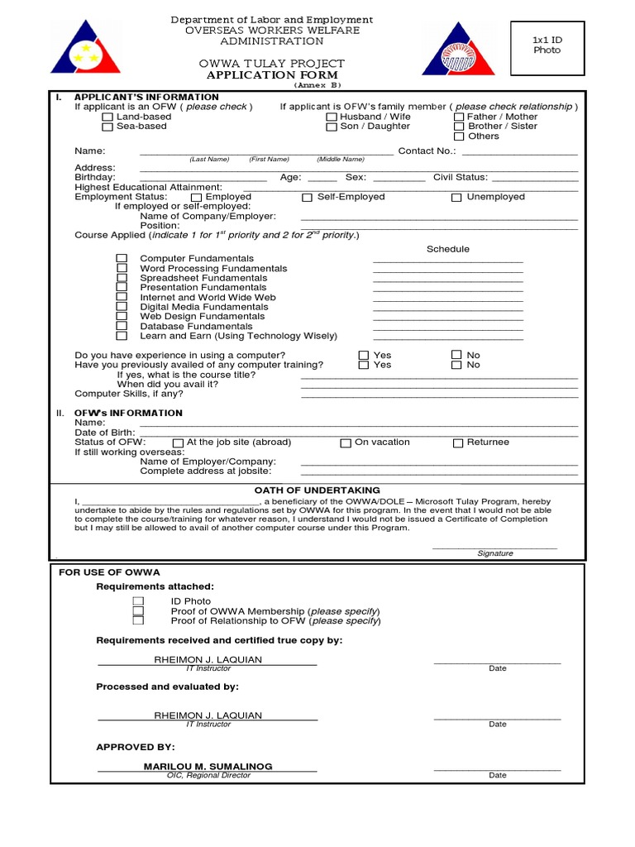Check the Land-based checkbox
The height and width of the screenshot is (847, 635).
coord(107,117)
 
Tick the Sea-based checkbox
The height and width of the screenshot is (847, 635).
coord(107,127)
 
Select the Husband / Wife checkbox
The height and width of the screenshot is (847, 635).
coord(332,117)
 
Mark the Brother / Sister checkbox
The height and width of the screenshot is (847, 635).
coord(459,127)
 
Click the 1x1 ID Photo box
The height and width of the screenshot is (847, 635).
coord(547,45)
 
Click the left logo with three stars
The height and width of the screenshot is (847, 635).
coord(81,49)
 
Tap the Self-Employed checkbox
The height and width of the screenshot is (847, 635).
coord(307,198)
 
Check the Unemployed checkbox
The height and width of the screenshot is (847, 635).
coord(456,198)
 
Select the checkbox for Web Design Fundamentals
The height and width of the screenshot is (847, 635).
coord(122,317)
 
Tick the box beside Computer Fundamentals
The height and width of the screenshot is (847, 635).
coord(122,259)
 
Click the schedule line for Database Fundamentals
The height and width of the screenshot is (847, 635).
coord(448,328)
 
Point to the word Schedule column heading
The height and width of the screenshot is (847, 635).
coord(447,249)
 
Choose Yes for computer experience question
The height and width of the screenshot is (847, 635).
coord(363,356)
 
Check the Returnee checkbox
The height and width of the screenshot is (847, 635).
coord(458,443)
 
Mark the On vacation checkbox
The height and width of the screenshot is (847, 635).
coord(346,443)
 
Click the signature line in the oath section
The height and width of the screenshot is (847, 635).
coord(494,547)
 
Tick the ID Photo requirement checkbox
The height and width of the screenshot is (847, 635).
coord(138,601)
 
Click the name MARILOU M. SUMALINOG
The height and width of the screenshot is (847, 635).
coord(208,767)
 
